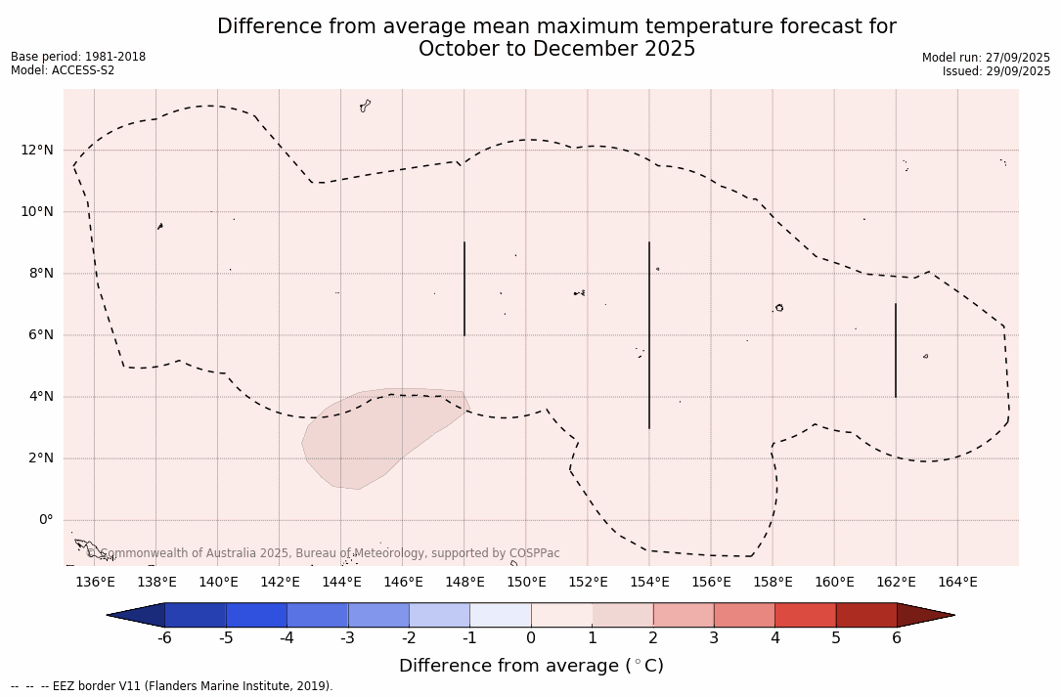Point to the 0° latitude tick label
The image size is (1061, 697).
point(46,520)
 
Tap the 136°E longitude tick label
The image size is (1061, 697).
point(95,583)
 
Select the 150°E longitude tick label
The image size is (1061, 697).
point(526,583)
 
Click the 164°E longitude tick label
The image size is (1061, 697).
point(957,583)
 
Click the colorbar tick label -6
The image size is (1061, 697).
point(164,638)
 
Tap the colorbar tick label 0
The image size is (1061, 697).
point(531,638)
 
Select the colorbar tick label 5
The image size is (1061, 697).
point(836,638)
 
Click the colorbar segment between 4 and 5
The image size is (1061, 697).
point(805,615)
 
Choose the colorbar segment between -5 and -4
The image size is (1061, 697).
point(256,615)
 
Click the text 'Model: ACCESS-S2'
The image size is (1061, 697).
point(63,70)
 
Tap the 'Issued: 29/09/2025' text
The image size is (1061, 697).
point(995,71)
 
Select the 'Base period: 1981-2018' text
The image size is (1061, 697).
point(78,57)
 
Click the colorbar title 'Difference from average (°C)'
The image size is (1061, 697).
point(531,667)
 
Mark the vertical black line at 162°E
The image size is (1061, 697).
point(895,350)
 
